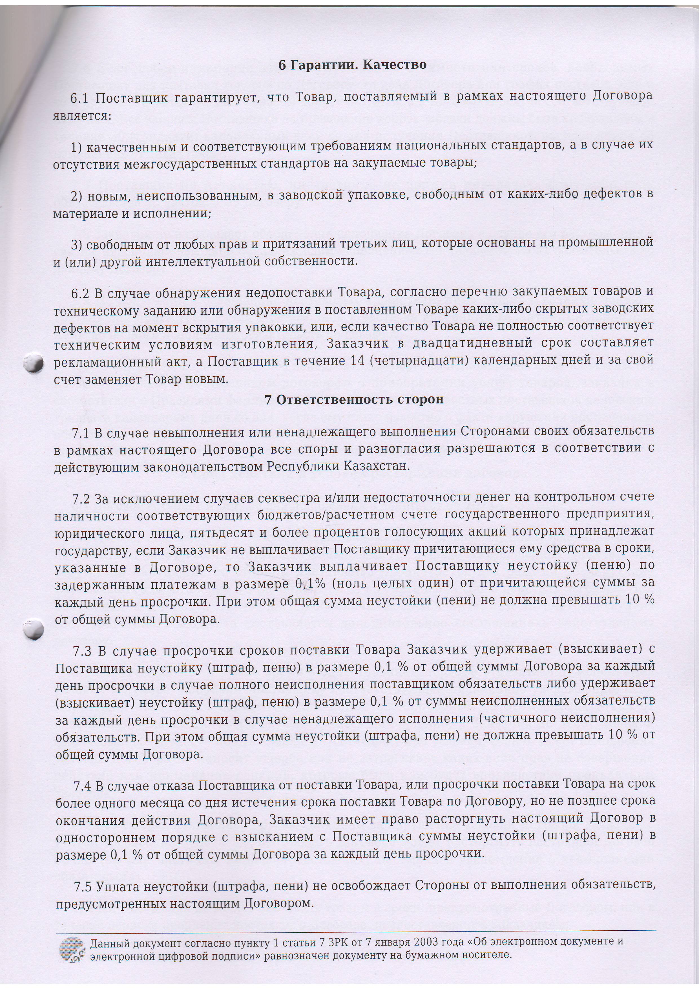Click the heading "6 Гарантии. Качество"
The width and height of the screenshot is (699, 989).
pos(352,65)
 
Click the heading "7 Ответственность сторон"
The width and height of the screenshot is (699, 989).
pos(354,400)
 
